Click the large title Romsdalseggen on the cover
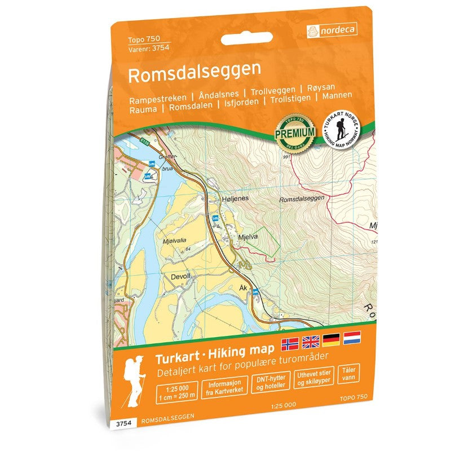tap(194, 70)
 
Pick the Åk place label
tap(244, 288)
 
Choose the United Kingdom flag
tap(310, 341)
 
